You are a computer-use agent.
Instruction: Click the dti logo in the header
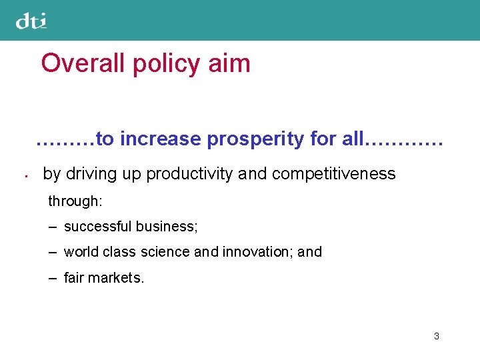tap(31, 21)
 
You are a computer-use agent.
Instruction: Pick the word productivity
tap(189, 174)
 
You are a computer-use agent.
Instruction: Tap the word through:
tap(74, 201)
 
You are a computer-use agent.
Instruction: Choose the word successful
tap(98, 227)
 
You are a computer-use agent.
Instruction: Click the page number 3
tap(436, 336)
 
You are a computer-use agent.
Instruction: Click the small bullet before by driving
tap(23, 177)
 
